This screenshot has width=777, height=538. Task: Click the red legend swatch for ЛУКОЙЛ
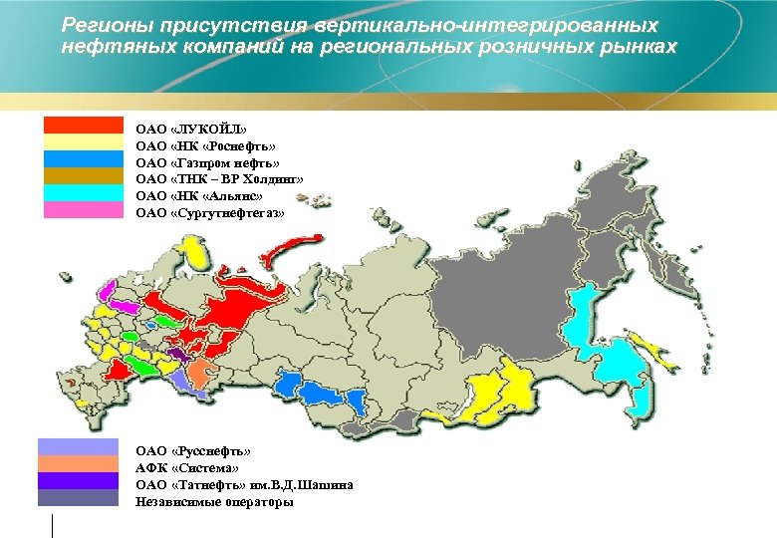pyautogui.click(x=83, y=126)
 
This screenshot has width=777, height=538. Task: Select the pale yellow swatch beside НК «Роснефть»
pyautogui.click(x=83, y=142)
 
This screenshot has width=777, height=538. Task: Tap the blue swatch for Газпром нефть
pyautogui.click(x=83, y=159)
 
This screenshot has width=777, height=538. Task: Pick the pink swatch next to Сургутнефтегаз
pyautogui.click(x=83, y=210)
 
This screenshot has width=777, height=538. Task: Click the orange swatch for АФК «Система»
pyautogui.click(x=77, y=464)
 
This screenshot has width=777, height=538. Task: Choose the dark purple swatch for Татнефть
pyautogui.click(x=77, y=481)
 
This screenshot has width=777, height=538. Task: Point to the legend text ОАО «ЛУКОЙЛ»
pyautogui.click(x=191, y=129)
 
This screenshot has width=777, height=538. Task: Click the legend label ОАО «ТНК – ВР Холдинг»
pyautogui.click(x=219, y=179)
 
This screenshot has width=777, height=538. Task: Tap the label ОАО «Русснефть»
pyautogui.click(x=193, y=451)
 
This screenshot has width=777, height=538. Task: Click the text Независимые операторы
pyautogui.click(x=214, y=502)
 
